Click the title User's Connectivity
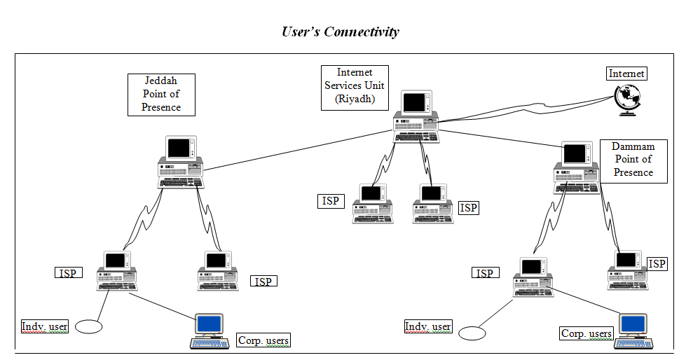[340, 32]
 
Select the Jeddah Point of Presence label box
[161, 95]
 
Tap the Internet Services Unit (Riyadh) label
[355, 87]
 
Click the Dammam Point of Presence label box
[633, 160]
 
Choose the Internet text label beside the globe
[626, 74]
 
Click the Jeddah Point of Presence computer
[181, 162]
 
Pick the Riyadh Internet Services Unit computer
[415, 116]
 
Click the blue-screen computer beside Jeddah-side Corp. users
[210, 331]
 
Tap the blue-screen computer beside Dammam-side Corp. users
[633, 331]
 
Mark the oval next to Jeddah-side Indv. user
[88, 326]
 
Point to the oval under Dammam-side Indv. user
[472, 333]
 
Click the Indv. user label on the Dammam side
[428, 326]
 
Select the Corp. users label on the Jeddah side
[263, 340]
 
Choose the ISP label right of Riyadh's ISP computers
[468, 208]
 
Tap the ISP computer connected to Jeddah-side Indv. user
[116, 271]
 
